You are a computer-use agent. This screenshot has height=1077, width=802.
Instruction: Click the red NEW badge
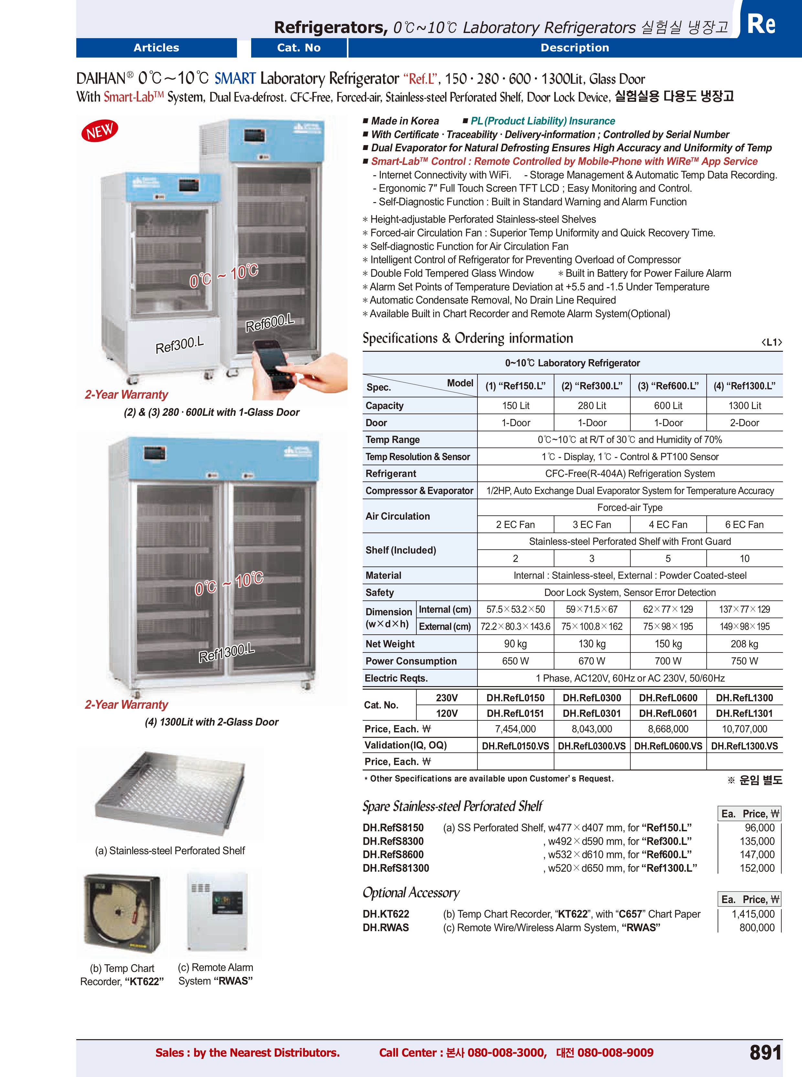(x=100, y=131)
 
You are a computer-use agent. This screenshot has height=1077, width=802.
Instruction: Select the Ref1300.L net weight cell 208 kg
(x=744, y=644)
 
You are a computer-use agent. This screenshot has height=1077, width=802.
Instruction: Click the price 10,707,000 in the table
(x=744, y=729)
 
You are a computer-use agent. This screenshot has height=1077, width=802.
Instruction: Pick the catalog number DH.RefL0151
(x=515, y=713)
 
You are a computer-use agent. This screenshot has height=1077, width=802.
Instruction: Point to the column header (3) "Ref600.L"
(x=668, y=386)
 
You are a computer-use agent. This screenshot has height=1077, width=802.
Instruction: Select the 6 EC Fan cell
(x=744, y=524)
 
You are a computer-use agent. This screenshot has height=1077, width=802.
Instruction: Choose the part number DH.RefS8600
(x=393, y=855)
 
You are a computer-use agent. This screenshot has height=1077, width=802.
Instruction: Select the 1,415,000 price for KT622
(x=753, y=914)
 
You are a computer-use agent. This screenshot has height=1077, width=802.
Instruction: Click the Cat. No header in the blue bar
(x=299, y=48)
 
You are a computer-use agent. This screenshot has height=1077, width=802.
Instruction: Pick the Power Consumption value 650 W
(x=515, y=661)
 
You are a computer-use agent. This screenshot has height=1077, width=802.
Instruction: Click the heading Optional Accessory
(x=411, y=892)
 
